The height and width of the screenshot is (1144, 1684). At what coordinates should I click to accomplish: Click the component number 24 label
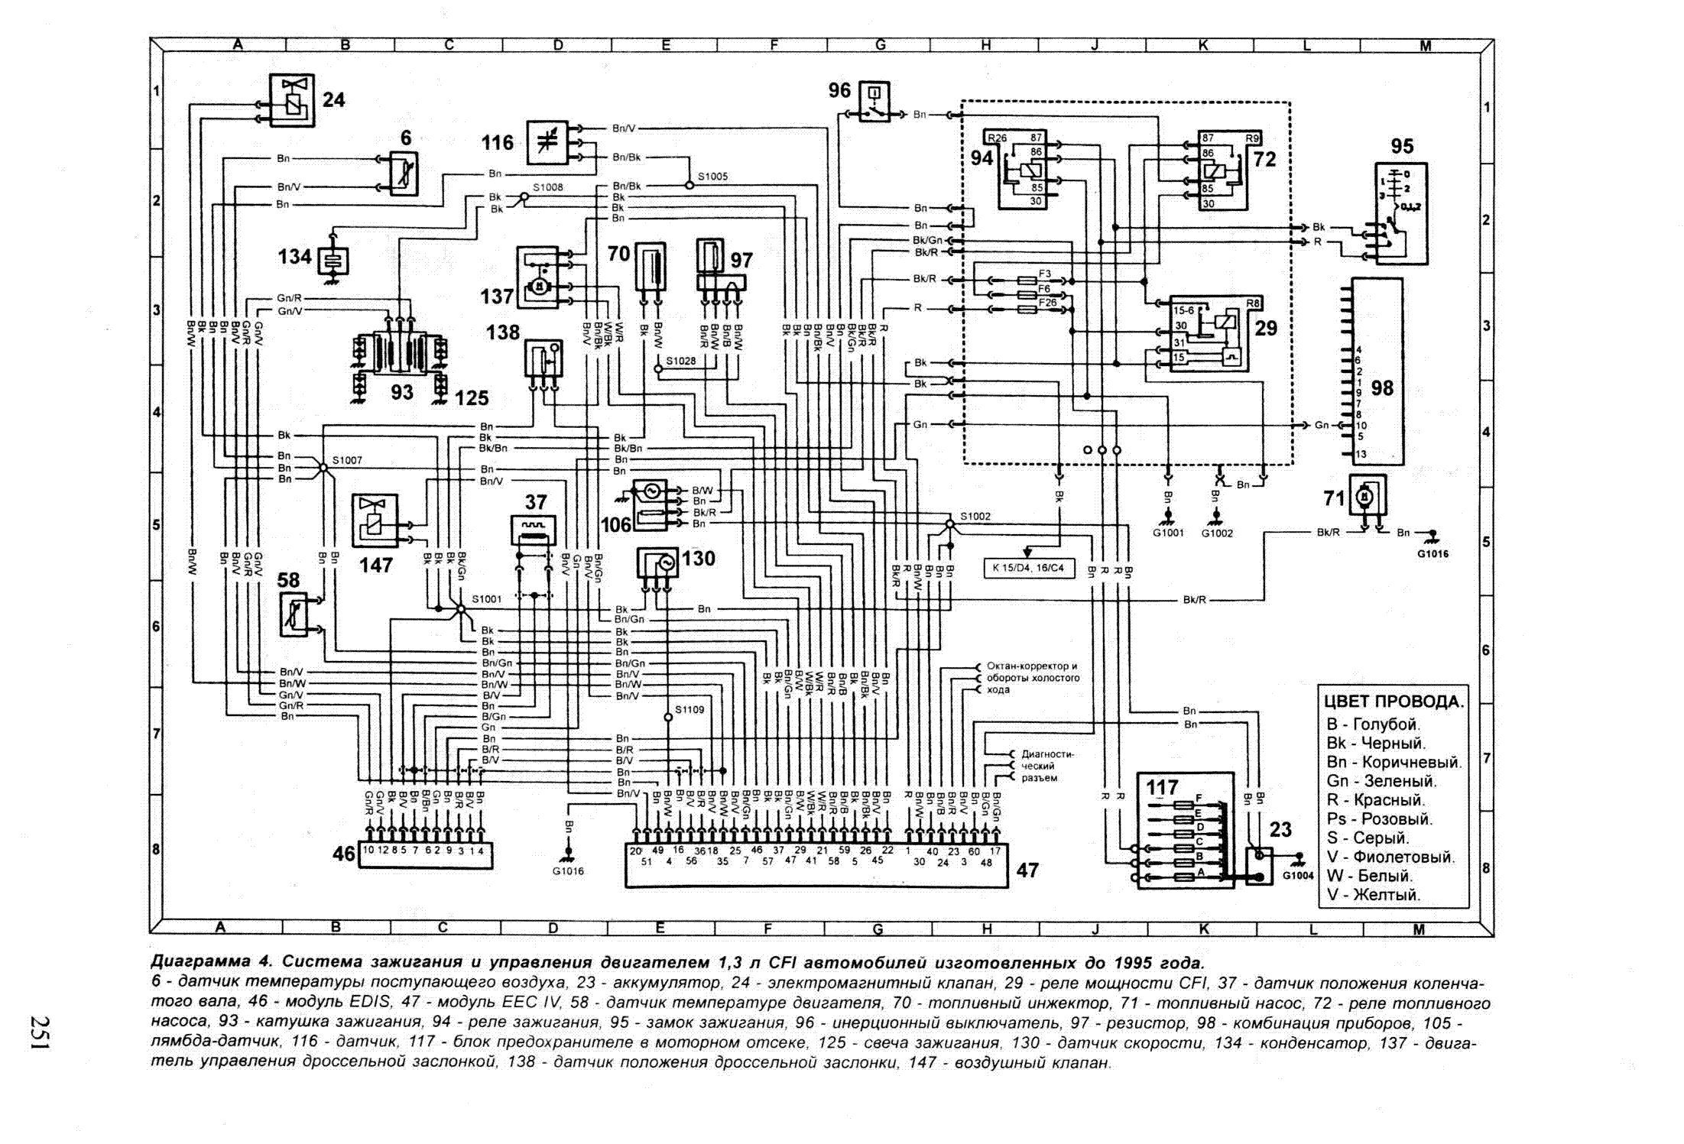tap(333, 100)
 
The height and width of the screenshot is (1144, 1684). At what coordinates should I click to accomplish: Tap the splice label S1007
tap(347, 460)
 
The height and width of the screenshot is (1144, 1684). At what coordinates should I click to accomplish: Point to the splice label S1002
tap(975, 516)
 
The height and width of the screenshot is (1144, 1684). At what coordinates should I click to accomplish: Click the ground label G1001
tap(1168, 533)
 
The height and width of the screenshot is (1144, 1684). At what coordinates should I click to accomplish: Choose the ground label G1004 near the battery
tap(1298, 876)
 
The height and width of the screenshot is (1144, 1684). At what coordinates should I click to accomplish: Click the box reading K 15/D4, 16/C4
tap(1028, 568)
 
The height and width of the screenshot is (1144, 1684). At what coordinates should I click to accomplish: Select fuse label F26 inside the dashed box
tap(1047, 303)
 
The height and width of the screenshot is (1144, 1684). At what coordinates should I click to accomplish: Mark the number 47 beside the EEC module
tap(1027, 870)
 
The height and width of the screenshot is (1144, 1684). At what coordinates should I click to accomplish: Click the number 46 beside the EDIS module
tap(344, 854)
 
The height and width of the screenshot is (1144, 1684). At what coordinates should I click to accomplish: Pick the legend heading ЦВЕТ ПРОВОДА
tap(1394, 702)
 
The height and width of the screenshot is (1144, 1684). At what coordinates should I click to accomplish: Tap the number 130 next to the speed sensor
tap(698, 559)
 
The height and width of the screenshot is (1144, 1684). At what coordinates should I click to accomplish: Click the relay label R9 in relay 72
tap(1252, 139)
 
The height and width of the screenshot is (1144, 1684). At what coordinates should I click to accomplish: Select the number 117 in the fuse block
tap(1161, 787)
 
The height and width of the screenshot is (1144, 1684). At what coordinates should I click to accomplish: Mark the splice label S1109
tap(689, 710)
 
